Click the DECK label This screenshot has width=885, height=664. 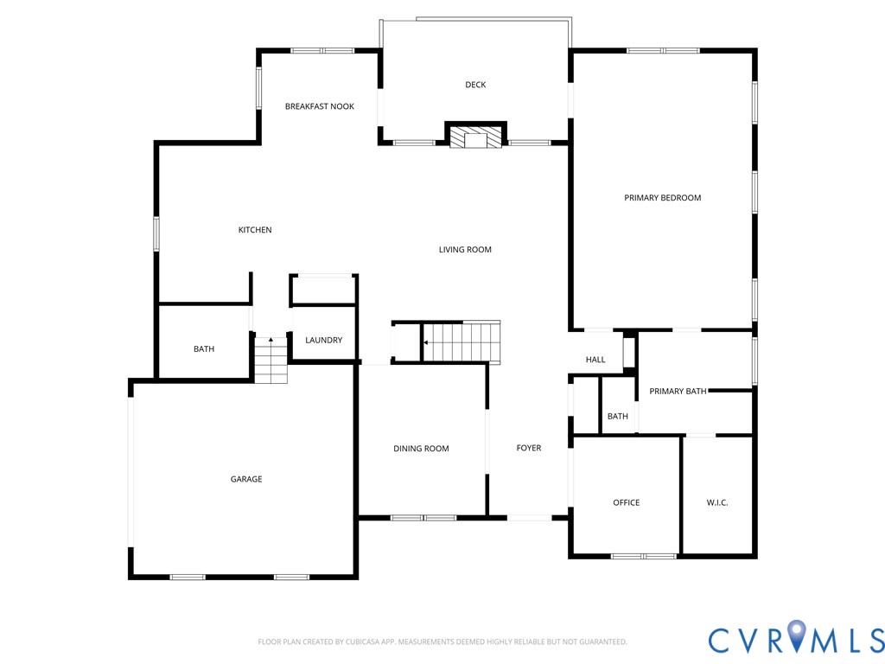coord(475,85)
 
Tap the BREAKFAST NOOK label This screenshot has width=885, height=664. coord(320,106)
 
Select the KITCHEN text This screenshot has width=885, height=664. coord(255,230)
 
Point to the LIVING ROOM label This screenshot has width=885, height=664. coord(465,250)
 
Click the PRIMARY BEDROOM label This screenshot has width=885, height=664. coord(663,198)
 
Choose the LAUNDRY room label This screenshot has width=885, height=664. coord(324,341)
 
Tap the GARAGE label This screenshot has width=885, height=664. coord(246,479)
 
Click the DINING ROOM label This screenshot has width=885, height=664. coord(421,449)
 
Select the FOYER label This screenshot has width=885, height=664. coord(529,448)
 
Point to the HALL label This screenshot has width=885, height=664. coord(595,360)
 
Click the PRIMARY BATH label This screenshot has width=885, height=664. coord(678,392)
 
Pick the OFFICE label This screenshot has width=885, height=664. coord(627,502)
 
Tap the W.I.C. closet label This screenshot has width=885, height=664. coord(717,502)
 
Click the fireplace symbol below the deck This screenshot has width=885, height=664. coord(475,137)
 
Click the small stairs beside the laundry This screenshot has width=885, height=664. coord(271,361)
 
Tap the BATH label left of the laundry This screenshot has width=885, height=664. coord(204,349)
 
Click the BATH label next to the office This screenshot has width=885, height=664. coord(618,417)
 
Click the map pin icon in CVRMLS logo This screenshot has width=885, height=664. coord(796,636)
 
